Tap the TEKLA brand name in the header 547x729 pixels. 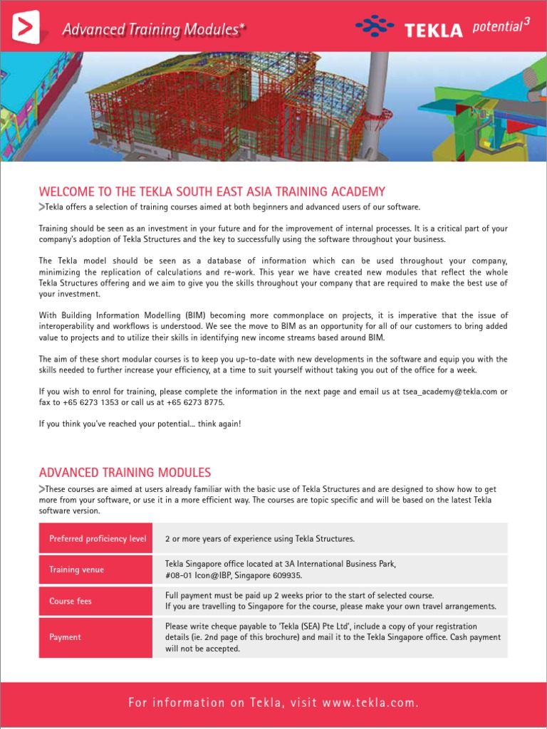click(433, 30)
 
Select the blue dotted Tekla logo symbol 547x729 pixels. click(375, 28)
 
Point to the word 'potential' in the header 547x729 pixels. click(496, 29)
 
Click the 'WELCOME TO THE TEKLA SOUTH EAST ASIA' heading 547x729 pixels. click(212, 192)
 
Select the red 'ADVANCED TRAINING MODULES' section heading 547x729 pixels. click(125, 473)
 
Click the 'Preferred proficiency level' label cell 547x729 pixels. click(98, 538)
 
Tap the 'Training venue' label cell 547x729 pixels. click(98, 570)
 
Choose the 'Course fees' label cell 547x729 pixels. click(98, 601)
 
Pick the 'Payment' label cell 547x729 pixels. click(98, 637)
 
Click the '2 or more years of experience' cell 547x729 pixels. click(259, 538)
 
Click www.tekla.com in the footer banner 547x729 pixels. click(369, 703)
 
